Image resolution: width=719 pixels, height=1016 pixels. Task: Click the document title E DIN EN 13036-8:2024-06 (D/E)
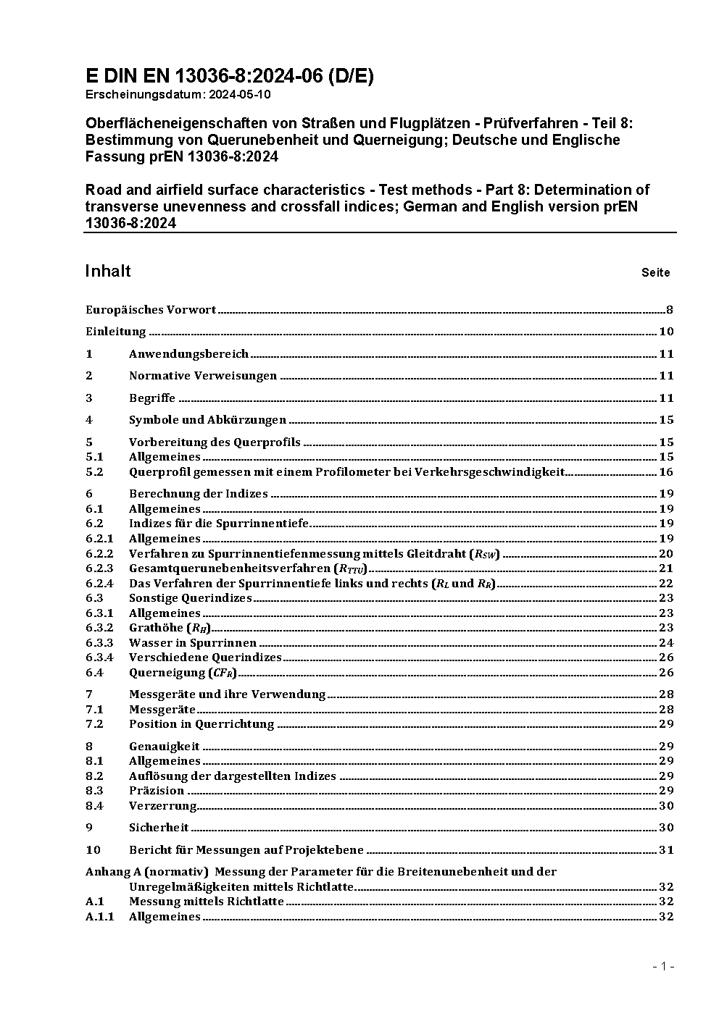pyautogui.click(x=229, y=76)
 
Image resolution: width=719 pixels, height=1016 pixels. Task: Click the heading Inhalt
pyautogui.click(x=108, y=271)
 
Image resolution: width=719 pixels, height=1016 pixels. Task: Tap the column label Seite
pyautogui.click(x=655, y=273)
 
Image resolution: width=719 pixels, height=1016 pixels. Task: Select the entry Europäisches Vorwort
pyautogui.click(x=151, y=310)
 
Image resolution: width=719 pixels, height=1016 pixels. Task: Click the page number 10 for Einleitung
pyautogui.click(x=666, y=332)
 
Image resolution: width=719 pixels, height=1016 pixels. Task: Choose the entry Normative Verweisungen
pyautogui.click(x=203, y=376)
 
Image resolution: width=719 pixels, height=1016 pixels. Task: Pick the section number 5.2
pyautogui.click(x=94, y=472)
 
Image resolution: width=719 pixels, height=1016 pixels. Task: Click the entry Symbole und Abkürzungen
pyautogui.click(x=207, y=420)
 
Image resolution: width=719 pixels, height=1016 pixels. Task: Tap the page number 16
pyautogui.click(x=666, y=472)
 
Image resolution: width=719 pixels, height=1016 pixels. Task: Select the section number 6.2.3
pyautogui.click(x=99, y=568)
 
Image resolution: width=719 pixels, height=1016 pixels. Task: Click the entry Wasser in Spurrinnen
pyautogui.click(x=193, y=643)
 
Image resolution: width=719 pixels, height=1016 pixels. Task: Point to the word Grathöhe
pyautogui.click(x=156, y=628)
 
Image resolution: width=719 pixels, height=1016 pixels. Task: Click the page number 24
pyautogui.click(x=666, y=643)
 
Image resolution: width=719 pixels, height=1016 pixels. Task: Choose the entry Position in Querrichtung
pyautogui.click(x=201, y=724)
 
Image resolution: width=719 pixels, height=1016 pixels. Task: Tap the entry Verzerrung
pyautogui.click(x=162, y=806)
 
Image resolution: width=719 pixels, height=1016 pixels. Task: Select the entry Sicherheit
pyautogui.click(x=159, y=828)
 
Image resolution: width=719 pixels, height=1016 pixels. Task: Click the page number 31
pyautogui.click(x=666, y=850)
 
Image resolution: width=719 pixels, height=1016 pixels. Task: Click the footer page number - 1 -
pyautogui.click(x=663, y=966)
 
